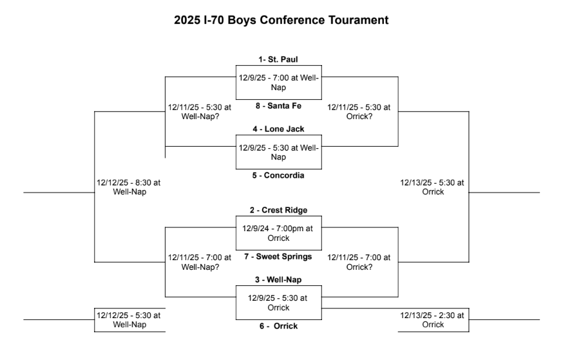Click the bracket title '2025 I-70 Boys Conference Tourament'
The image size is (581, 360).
pos(281,20)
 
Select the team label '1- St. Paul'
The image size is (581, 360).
pos(278,59)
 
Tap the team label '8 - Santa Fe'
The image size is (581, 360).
pos(278,105)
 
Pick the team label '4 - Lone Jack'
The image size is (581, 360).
pos(278,129)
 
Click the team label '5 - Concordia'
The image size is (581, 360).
pos(278,175)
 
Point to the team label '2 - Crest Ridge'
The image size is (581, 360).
pos(278,210)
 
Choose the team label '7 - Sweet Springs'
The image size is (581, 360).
pos(278,256)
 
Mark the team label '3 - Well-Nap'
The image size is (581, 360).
pos(278,279)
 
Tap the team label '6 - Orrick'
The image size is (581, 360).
pos(278,326)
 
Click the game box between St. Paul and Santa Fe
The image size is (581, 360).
pos(278,82)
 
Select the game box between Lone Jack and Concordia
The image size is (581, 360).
pos(278,152)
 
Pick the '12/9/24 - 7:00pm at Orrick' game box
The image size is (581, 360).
pos(278,233)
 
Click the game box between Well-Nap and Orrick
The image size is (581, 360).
pos(278,303)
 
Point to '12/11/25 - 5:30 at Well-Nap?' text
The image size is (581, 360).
pos(199,112)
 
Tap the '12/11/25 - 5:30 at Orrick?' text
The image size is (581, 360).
pos(358,112)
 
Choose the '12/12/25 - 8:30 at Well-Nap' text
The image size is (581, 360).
pos(128,187)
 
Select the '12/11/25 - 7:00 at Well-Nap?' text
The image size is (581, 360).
pos(199,262)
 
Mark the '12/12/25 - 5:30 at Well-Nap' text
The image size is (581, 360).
pos(128,319)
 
